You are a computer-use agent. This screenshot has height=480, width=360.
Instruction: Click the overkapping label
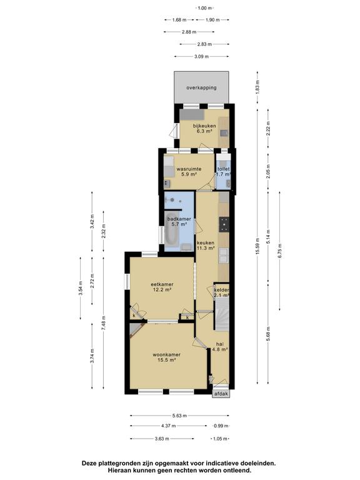201,87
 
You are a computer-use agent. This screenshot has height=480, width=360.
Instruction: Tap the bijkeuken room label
204,126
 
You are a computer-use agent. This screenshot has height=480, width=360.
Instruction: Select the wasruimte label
189,169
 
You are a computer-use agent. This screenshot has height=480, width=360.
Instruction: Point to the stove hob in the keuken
224,224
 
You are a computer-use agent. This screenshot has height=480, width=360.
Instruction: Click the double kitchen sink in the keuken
224,256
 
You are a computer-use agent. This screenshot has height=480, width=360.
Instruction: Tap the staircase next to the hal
222,315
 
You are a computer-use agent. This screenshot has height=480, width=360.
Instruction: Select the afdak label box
221,394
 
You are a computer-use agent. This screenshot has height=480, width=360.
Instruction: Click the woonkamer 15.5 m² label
166,357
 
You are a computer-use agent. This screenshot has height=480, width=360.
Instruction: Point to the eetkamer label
162,284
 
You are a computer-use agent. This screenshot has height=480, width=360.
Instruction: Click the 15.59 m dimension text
257,246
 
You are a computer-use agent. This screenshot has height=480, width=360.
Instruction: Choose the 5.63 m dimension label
179,416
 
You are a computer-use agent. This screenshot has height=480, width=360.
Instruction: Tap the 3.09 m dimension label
201,56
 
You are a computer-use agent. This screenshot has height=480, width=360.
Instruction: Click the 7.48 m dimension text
104,322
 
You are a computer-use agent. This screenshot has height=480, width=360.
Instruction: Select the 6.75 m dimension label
279,251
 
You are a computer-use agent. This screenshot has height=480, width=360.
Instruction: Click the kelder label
222,290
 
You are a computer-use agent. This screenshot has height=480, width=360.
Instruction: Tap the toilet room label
223,169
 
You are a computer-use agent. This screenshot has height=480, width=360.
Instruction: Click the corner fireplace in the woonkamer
135,330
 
